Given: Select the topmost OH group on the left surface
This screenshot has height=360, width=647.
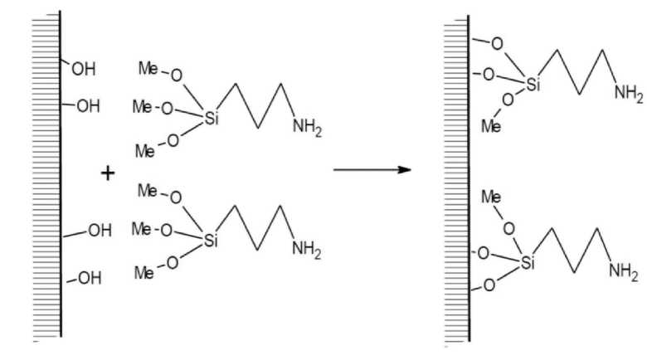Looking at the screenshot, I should click(x=84, y=70).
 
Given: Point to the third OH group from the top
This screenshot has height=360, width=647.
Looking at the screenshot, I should click(x=99, y=231).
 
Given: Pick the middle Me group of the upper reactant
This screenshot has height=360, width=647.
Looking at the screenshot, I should click(x=142, y=108).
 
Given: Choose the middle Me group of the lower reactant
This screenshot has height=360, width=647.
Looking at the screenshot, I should click(x=144, y=230).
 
